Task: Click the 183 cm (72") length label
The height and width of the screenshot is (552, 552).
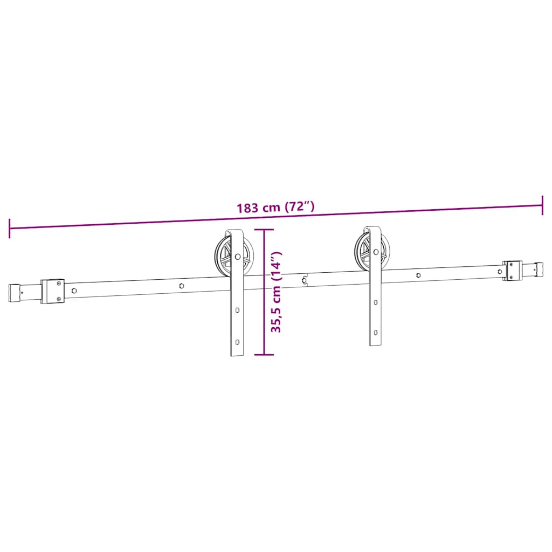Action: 275,208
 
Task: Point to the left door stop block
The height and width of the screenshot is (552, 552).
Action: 53,291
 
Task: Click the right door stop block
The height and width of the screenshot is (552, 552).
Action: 512,270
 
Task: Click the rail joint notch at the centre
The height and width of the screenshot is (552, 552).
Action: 305,280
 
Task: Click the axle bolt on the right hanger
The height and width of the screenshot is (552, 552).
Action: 376,252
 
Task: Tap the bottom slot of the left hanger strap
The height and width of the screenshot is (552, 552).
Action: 237,342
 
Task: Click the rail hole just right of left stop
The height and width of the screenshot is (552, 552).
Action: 74,291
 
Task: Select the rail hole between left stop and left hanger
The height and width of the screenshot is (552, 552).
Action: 182,285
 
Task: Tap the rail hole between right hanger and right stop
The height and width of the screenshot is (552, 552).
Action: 419,275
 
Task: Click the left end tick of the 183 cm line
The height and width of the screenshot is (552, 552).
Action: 10,228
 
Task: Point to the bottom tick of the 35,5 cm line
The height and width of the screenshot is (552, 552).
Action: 264,355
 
